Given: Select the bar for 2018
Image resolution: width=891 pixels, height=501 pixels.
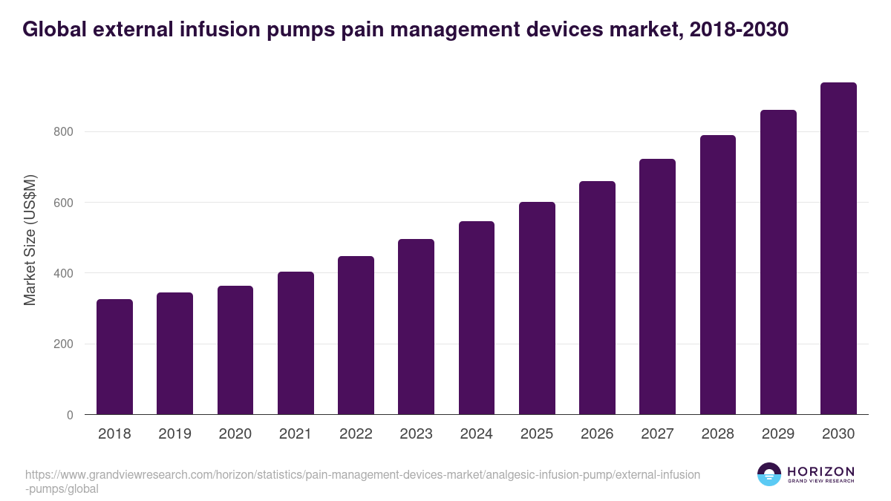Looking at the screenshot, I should coord(114,357).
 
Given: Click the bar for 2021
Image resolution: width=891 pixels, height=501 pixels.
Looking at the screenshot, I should coord(296,343).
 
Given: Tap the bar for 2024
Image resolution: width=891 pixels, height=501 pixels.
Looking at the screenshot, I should coord(477,318).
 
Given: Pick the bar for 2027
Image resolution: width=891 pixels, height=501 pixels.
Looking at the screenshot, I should coord(657,286).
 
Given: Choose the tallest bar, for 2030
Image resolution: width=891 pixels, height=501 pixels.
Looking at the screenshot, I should coord(838,249).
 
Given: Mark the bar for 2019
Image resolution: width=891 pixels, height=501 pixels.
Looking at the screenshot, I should coord(174,353).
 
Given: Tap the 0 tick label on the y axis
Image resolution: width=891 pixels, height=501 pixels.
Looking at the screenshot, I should coord(70,415).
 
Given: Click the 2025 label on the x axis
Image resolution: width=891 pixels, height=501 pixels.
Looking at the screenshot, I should coord(537,434).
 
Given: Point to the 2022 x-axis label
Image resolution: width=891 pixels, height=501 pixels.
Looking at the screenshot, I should coord(356,434).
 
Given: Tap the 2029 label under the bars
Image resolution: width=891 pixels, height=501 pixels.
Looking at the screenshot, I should coord(778,434).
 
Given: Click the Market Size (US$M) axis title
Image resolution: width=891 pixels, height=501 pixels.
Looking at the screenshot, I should coord(30,239).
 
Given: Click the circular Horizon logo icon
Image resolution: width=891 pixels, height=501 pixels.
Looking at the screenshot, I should coord(769,475).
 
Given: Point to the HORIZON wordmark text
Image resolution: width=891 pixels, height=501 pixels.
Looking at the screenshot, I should coord(820,471).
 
